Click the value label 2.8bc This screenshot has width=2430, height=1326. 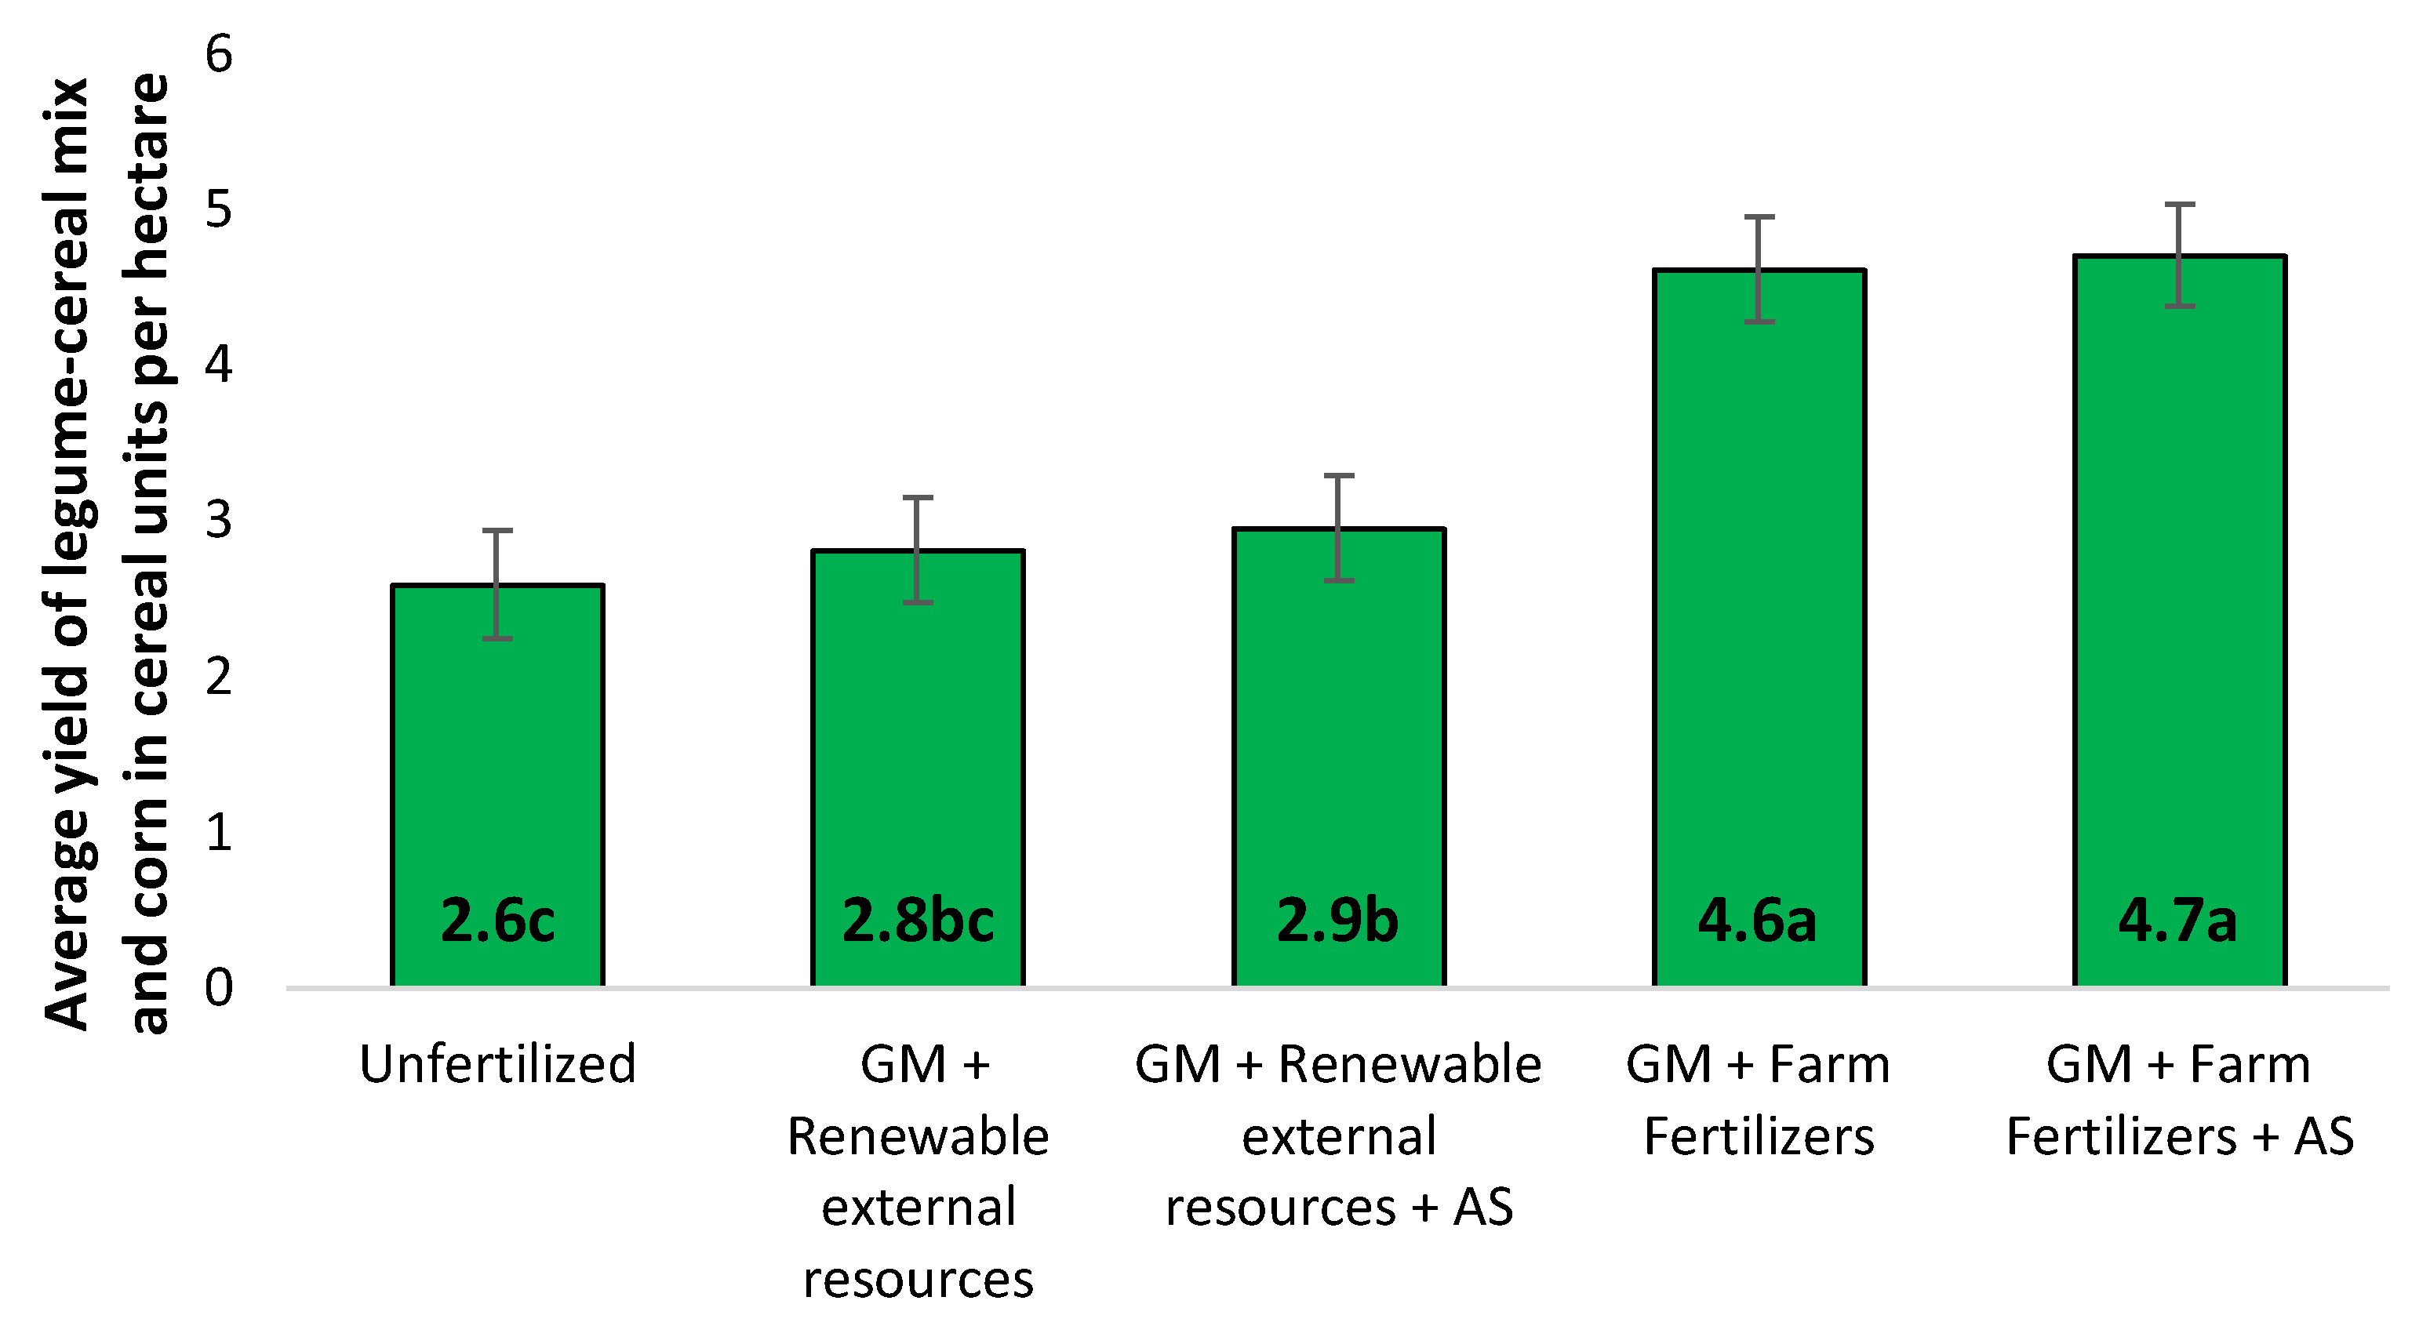(918, 921)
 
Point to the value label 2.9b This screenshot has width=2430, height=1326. (1337, 921)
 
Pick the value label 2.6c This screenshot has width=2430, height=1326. (497, 921)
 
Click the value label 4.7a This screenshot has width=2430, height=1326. (2178, 921)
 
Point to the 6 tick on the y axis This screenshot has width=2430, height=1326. (219, 54)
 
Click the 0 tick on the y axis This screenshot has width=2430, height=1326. (219, 988)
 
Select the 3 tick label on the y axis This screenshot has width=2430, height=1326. (219, 521)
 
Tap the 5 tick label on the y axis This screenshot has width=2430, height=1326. (219, 209)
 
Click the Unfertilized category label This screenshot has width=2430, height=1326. (497, 1065)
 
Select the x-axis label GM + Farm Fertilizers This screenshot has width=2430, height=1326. (1759, 1099)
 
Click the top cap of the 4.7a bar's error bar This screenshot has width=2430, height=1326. (2179, 205)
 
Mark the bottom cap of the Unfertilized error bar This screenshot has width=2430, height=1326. (497, 638)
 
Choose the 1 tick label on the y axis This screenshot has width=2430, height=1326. (219, 833)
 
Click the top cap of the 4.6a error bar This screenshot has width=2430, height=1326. (1759, 218)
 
